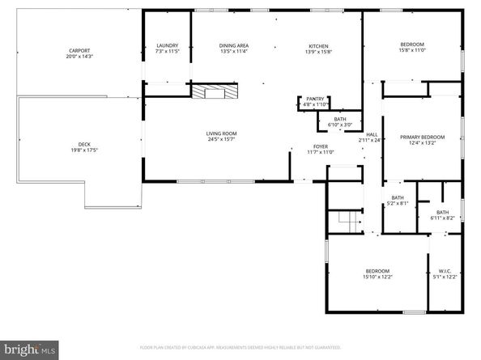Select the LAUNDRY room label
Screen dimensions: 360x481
coord(167,45)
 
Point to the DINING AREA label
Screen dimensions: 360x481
coord(232,45)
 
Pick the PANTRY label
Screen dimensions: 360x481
coord(314,99)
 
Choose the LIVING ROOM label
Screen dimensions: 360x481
coord(219,133)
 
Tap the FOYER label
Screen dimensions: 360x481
coord(321,146)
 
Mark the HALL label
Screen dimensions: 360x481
coord(372,134)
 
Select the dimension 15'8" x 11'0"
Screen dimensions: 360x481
coord(412,51)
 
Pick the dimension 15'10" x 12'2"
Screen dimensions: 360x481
coord(377,277)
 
